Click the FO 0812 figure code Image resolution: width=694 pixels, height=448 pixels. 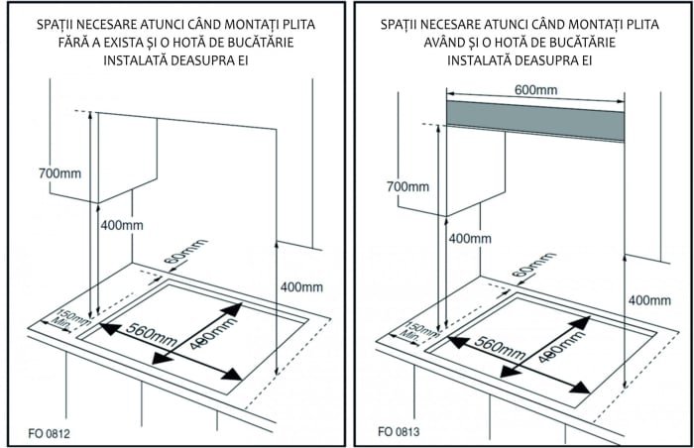click(x=50, y=433)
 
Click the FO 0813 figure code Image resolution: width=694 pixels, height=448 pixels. click(x=398, y=433)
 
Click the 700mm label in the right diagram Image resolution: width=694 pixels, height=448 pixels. click(x=406, y=186)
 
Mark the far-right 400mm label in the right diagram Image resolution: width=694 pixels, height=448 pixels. click(x=649, y=299)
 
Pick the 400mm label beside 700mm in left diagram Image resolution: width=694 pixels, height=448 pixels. click(x=121, y=225)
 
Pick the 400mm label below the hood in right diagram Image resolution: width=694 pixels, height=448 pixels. click(x=470, y=238)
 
